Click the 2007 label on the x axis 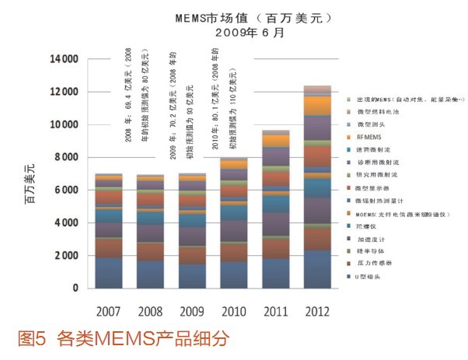109,312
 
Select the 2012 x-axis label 316,312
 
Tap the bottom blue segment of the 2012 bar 316,269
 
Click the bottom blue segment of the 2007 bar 109,273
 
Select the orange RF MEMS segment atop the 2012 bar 316,105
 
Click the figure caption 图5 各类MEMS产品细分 124,340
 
